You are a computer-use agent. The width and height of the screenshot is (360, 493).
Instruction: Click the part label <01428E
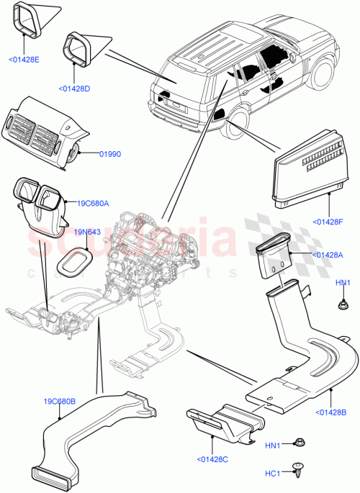click(24, 59)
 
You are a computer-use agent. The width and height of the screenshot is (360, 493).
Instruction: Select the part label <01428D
click(74, 89)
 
